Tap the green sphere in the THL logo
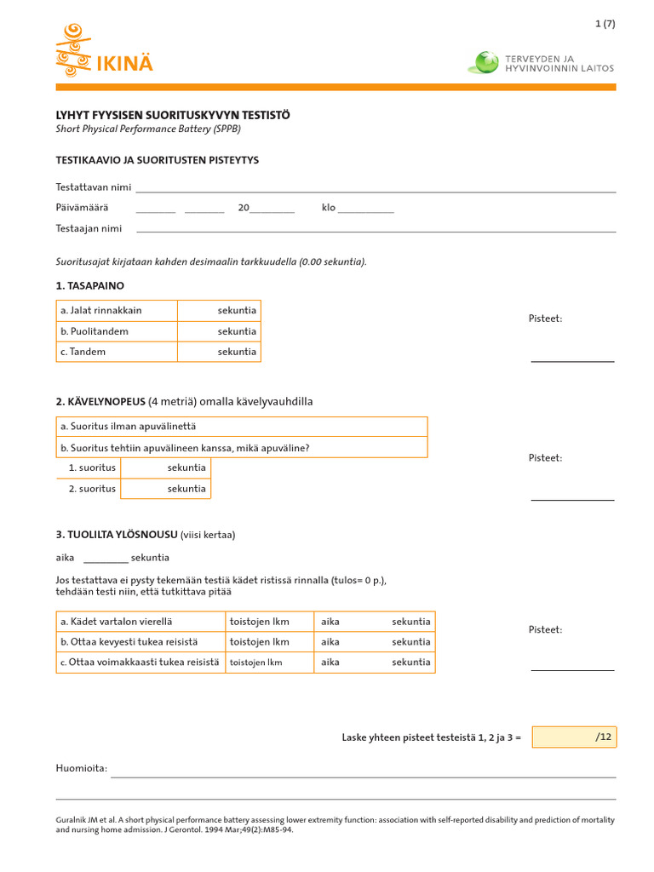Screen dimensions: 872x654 pyautogui.click(x=485, y=62)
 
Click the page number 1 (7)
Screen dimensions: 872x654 pyautogui.click(x=605, y=24)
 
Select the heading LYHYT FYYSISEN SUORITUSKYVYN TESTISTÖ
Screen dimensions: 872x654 pyautogui.click(x=173, y=115)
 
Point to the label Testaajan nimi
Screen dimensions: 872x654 pyautogui.click(x=89, y=228)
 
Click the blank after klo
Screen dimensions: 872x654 pyautogui.click(x=366, y=208)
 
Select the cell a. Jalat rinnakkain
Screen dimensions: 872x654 pyautogui.click(x=117, y=311)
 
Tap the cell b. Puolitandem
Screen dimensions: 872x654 pyautogui.click(x=117, y=331)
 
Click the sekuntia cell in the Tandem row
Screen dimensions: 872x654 pyautogui.click(x=219, y=352)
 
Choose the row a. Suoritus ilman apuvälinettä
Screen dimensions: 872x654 pyautogui.click(x=242, y=427)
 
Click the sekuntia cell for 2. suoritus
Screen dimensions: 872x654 pyautogui.click(x=166, y=489)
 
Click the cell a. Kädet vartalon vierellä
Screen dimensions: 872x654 pyautogui.click(x=141, y=622)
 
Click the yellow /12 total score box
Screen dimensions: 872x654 pyautogui.click(x=574, y=737)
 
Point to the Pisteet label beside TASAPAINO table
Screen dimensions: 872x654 pyautogui.click(x=545, y=318)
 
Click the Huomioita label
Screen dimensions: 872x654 pyautogui.click(x=82, y=769)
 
